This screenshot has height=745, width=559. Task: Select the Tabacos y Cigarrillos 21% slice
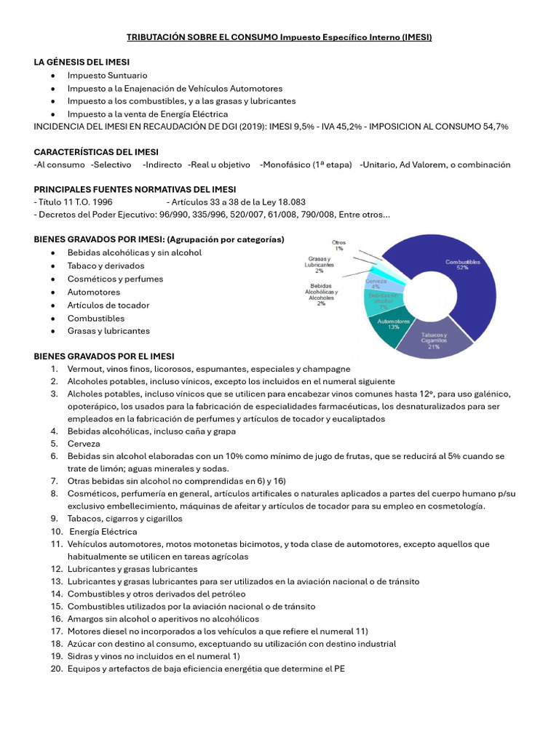[433, 342]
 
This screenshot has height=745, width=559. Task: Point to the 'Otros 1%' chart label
[338, 245]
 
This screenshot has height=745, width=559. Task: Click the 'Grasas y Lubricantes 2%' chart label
[320, 265]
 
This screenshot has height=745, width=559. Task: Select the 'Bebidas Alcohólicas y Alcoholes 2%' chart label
[322, 294]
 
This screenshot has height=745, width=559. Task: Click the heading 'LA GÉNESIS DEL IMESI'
[82, 62]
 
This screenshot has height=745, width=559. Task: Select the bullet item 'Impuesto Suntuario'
[107, 75]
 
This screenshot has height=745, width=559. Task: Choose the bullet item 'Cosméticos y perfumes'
[115, 279]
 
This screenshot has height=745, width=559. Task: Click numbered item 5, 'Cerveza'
[84, 443]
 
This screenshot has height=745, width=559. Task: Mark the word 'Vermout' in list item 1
[85, 369]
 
